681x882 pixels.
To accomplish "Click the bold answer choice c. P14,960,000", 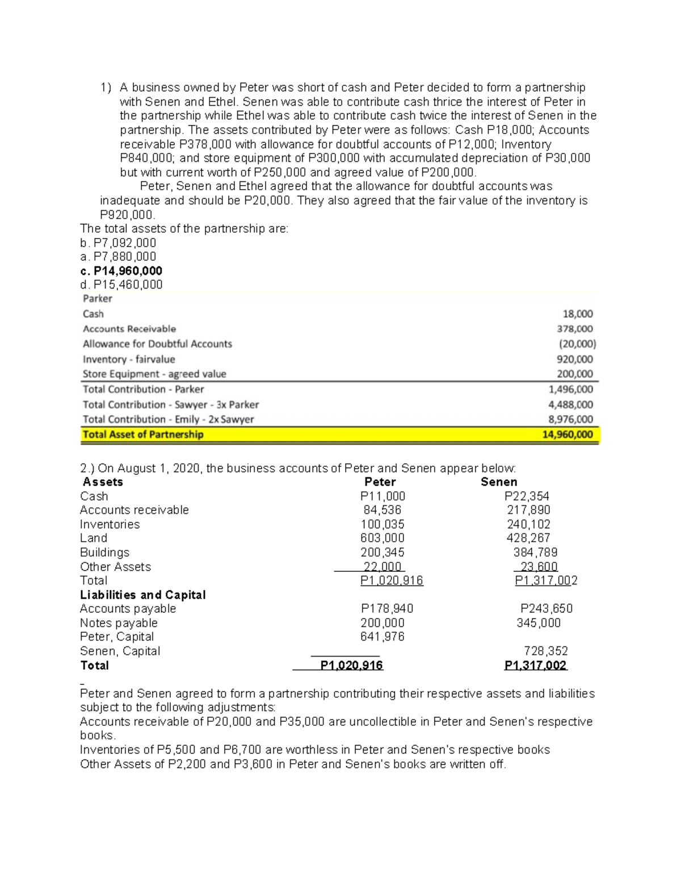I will [121, 271].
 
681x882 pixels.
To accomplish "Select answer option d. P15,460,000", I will [121, 285].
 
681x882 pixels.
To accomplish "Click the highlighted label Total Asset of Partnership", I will [143, 434].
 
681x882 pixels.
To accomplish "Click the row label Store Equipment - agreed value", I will [154, 374].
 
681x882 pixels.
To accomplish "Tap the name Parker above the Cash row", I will [98, 299].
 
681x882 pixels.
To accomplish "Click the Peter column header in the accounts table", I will [380, 482].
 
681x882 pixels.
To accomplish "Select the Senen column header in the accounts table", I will [499, 482].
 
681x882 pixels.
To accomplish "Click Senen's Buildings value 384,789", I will [535, 552].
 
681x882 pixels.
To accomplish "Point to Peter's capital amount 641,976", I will [382, 637].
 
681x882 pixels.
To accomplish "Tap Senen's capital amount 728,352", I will [545, 651].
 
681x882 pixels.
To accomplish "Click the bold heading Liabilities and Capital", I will [143, 595].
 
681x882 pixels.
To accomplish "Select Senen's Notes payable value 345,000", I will [539, 623].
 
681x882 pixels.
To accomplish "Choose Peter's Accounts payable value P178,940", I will [387, 609].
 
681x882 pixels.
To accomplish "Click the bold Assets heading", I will [103, 482].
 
